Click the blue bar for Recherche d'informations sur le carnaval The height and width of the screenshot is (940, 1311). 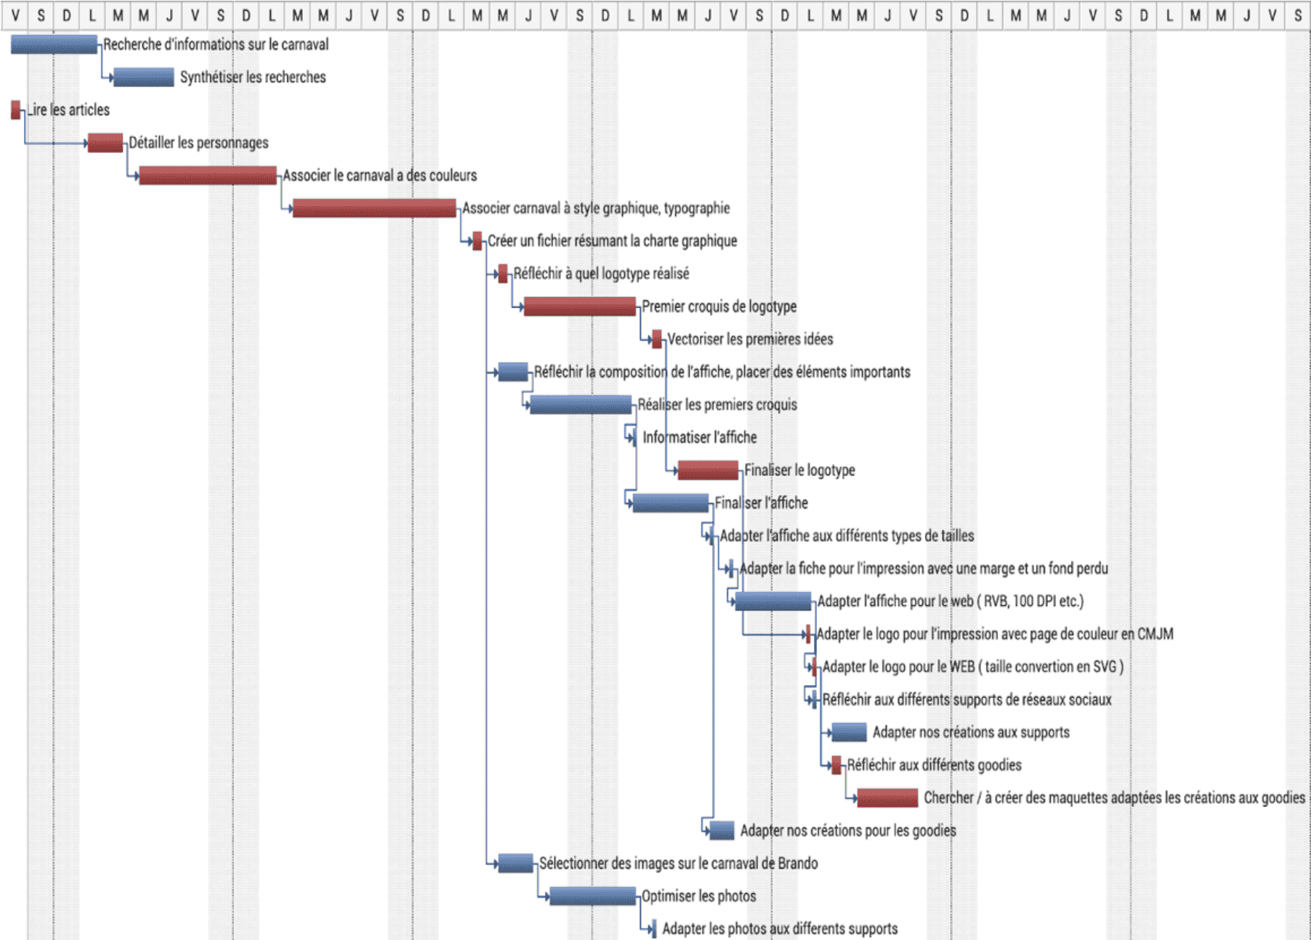click(54, 45)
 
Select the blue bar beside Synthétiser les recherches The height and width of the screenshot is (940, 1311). click(144, 77)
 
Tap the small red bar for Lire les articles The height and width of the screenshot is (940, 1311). click(16, 110)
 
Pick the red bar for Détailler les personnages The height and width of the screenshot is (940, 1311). click(105, 142)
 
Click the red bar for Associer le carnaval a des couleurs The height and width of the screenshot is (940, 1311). click(208, 175)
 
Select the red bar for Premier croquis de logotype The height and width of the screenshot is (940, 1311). click(579, 307)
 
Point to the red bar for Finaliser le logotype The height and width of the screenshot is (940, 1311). click(708, 470)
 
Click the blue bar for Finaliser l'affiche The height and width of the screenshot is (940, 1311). click(670, 503)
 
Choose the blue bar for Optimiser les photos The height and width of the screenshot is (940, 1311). click(592, 896)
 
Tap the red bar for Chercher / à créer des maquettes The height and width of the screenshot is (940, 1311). click(887, 798)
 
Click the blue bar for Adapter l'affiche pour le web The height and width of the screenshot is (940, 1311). click(773, 601)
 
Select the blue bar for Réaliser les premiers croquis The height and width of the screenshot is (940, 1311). click(581, 405)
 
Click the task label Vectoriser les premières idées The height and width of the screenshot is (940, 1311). click(750, 339)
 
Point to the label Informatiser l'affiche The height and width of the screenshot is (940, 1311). click(699, 437)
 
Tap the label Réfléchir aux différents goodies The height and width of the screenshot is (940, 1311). click(934, 765)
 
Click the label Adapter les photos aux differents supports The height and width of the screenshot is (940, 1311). click(779, 928)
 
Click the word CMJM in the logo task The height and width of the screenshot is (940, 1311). click(1155, 634)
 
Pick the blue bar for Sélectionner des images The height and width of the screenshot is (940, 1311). click(515, 863)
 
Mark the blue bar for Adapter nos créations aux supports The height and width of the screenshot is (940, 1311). click(849, 732)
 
